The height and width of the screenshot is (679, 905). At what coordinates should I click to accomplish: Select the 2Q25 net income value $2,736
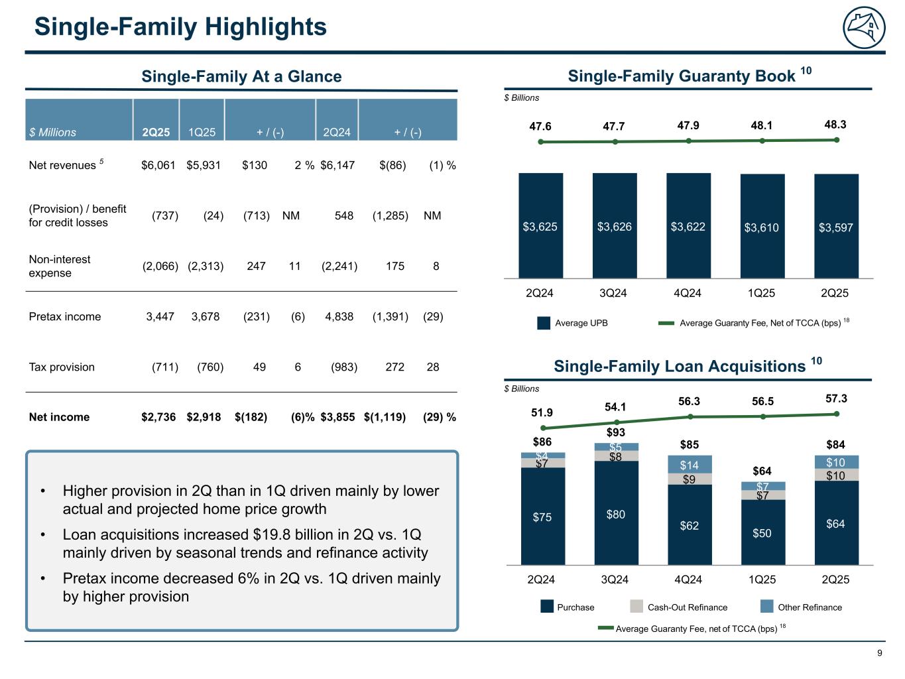(158, 417)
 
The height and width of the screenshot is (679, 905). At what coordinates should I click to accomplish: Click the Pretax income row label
(65, 316)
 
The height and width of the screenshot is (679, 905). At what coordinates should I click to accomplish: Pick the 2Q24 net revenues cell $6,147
(337, 165)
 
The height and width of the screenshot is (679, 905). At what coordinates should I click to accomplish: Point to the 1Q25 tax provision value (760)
(210, 367)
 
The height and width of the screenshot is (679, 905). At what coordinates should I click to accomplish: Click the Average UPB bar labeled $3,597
(836, 227)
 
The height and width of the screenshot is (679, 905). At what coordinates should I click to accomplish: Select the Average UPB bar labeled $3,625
(540, 226)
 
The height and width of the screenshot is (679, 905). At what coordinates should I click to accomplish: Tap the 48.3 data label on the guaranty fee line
(835, 124)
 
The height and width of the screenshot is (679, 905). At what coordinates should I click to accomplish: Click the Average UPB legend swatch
(544, 323)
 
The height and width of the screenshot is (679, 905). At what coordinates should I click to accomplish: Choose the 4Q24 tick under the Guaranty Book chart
(688, 292)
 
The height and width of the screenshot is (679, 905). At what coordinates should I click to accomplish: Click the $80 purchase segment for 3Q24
(616, 513)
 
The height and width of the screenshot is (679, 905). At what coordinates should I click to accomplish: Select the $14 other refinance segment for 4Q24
(690, 465)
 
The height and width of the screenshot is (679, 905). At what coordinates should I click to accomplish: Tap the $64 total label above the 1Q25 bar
(762, 471)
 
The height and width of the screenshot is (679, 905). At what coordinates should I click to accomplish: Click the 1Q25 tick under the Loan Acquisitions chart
(762, 580)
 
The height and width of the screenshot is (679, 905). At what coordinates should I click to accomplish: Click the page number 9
(880, 653)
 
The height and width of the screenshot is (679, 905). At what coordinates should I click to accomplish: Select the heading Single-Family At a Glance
(241, 76)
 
